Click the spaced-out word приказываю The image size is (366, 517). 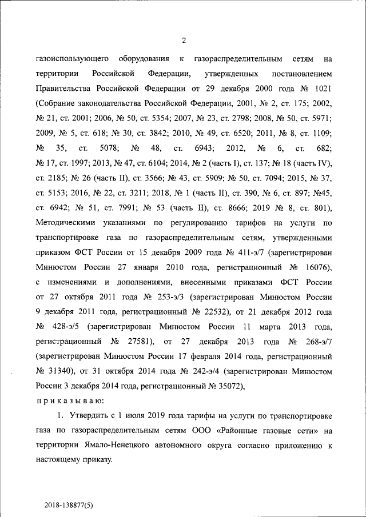pos(69,401)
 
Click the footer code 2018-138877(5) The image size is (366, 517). pos(77,506)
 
